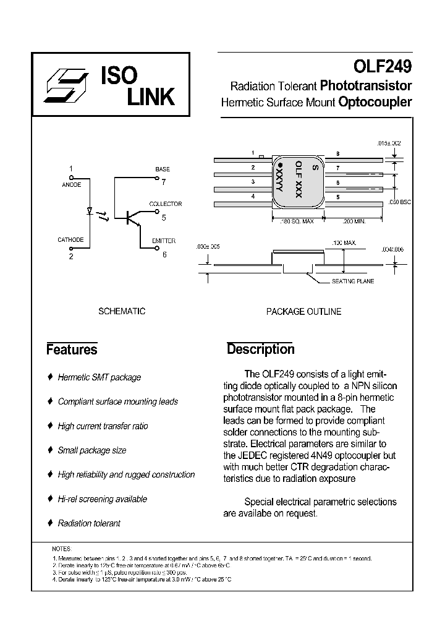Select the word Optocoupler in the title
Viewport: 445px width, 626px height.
click(375, 103)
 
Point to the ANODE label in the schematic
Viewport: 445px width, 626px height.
click(72, 184)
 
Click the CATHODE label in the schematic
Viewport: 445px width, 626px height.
click(70, 240)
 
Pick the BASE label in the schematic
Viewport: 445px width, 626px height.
click(163, 169)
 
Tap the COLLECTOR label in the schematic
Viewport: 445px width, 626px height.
click(165, 204)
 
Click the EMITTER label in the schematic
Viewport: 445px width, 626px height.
click(164, 241)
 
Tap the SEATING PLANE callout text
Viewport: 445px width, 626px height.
click(352, 281)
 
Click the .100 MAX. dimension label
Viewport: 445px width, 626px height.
click(344, 243)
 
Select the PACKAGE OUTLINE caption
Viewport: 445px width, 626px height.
click(303, 312)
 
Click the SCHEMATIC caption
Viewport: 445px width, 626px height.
click(122, 311)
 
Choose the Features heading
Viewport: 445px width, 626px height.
click(72, 349)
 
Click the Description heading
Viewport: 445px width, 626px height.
click(260, 349)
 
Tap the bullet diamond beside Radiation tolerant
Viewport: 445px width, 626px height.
click(49, 523)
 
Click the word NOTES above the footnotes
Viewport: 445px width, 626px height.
click(62, 549)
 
